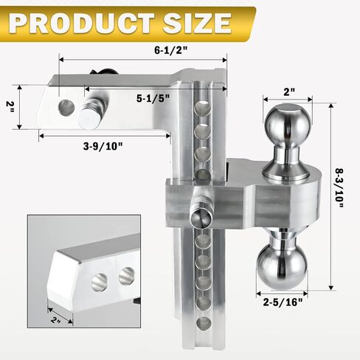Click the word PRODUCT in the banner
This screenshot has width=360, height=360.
click(x=82, y=23)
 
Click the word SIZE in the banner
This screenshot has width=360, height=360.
click(x=197, y=23)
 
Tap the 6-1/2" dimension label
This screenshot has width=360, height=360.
click(x=170, y=50)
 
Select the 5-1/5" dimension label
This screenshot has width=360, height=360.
click(x=153, y=98)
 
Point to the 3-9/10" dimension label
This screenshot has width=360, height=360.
click(x=103, y=146)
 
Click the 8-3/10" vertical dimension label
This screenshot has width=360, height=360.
click(x=339, y=188)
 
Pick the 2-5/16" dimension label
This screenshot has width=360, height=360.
click(x=283, y=302)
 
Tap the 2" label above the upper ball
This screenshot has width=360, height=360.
click(x=289, y=92)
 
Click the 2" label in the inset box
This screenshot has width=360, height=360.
click(x=56, y=320)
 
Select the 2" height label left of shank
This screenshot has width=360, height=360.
click(x=10, y=107)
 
